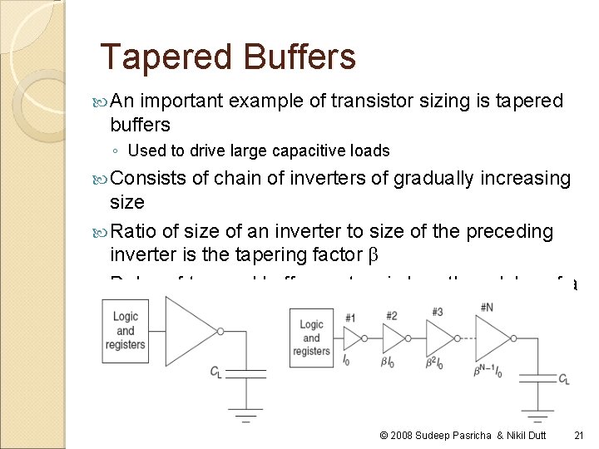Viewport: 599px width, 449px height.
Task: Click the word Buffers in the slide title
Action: [x=299, y=57]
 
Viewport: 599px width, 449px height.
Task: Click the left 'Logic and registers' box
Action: [x=126, y=330]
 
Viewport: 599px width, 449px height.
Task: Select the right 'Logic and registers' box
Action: [x=311, y=338]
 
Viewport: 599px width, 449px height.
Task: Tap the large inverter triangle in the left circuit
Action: [x=190, y=330]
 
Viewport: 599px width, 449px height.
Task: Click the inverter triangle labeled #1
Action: [x=351, y=338]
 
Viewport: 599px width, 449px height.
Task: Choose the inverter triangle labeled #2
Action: [x=391, y=338]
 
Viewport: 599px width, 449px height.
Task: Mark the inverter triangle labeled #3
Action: [x=437, y=338]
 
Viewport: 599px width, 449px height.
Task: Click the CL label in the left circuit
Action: [x=216, y=371]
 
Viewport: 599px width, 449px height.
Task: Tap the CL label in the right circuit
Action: [x=563, y=380]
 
